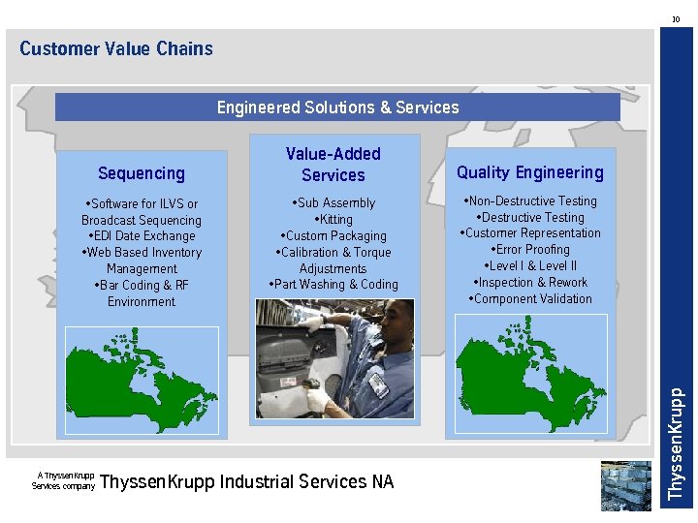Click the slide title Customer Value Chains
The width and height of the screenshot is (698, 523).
(115, 48)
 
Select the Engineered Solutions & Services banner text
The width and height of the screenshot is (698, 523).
(337, 108)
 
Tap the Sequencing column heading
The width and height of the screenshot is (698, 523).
(142, 173)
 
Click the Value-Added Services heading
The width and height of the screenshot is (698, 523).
(333, 165)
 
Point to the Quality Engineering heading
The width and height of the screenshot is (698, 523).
(529, 172)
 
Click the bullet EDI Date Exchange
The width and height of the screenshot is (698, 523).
(142, 236)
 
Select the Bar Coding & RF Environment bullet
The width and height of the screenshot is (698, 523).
(142, 293)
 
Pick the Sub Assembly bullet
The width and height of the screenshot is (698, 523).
(333, 203)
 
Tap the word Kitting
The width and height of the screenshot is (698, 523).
(335, 220)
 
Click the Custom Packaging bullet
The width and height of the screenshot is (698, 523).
(333, 236)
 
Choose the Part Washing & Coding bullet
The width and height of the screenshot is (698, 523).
(333, 285)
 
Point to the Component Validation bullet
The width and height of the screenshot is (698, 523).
(530, 299)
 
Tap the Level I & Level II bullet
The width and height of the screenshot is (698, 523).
(530, 266)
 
